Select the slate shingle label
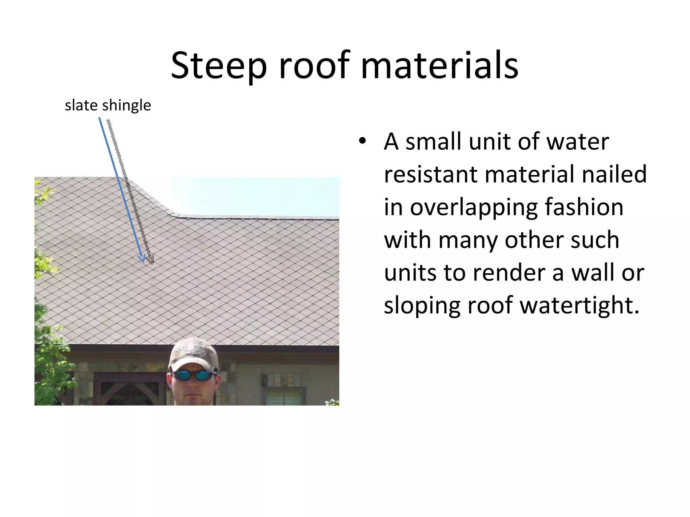108,105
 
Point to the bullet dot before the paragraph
362,141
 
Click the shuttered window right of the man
284,398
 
